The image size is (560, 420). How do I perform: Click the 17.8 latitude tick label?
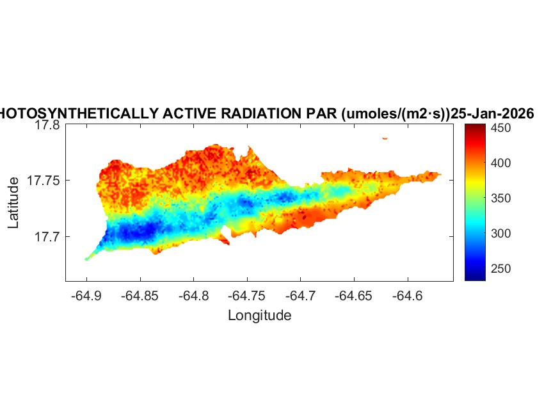[47, 125]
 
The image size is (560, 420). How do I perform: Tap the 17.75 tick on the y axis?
[44, 181]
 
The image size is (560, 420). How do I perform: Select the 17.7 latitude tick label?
[47, 237]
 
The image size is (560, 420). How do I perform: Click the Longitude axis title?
[259, 315]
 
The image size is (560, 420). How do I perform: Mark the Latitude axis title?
[14, 204]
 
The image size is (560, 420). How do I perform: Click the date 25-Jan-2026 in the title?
[492, 113]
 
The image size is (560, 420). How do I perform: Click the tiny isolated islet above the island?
[385, 138]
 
